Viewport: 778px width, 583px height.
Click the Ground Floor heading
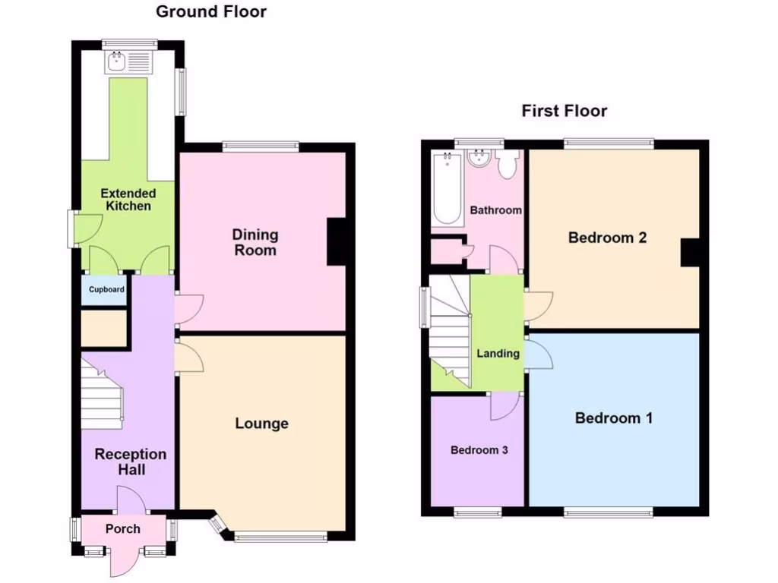coord(211,11)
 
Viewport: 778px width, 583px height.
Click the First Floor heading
coord(564,111)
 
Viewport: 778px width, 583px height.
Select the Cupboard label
coord(106,289)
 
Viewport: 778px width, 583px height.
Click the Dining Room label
coord(255,242)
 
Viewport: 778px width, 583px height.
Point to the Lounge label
coord(261,423)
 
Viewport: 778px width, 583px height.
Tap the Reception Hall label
coord(130,462)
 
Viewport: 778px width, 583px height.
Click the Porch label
coord(122,528)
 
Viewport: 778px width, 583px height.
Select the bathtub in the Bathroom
coord(448,188)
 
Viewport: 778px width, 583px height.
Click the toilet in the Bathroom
coord(507,164)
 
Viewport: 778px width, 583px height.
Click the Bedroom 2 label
coord(607,238)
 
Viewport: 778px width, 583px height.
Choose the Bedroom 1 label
coord(613,418)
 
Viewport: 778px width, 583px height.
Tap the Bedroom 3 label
coord(479,449)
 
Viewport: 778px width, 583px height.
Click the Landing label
coord(498,353)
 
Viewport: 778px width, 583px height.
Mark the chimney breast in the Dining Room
coord(336,242)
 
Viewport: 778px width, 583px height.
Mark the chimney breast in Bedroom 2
coord(690,253)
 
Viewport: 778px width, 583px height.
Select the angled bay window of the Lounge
coord(217,525)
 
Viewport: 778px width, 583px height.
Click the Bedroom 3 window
coord(477,512)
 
